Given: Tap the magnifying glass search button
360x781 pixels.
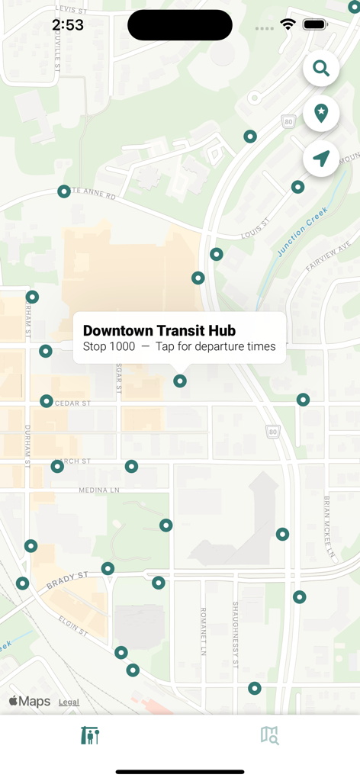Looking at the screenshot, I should tap(321, 69).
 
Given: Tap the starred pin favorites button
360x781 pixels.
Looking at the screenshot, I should tap(321, 113).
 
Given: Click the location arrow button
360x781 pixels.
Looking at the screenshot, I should tap(321, 158).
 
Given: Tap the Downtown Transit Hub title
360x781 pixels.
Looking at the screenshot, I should tap(159, 330).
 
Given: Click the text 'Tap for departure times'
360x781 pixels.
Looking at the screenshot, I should tap(216, 346).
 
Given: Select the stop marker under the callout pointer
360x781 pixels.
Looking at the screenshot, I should tap(180, 381).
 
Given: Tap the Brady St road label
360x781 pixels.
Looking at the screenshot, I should tap(67, 581).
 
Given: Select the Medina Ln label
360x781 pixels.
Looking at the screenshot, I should tap(99, 490).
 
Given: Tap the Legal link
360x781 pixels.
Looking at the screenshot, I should tap(69, 702).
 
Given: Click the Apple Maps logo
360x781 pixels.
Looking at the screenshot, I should tap(29, 702).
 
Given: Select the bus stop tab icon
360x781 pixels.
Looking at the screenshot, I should tap(90, 735).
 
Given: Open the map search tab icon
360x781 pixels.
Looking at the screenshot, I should tap(269, 735).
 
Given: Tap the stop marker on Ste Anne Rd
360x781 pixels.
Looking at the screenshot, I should tap(64, 191).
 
